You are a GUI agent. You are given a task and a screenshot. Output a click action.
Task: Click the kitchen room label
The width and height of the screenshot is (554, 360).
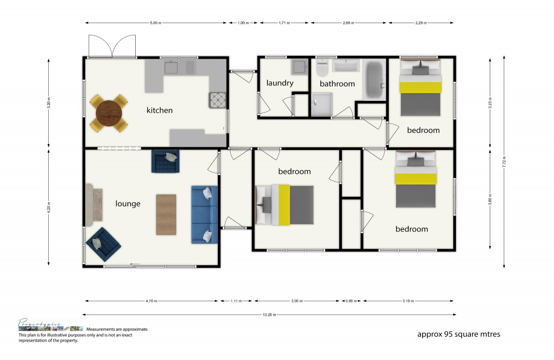click(160, 110)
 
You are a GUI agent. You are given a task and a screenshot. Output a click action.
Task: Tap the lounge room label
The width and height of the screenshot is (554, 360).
click(128, 204)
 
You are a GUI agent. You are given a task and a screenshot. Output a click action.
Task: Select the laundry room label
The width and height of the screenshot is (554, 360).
click(280, 83)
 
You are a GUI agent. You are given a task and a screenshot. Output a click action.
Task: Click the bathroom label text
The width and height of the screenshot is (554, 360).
click(337, 84)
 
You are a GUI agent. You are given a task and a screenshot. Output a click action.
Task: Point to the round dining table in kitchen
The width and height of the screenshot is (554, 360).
click(109, 114)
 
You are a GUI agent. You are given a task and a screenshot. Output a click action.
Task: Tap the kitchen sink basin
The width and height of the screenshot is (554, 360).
click(172, 68)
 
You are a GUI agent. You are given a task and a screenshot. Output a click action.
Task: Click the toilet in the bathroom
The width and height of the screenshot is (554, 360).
click(322, 69)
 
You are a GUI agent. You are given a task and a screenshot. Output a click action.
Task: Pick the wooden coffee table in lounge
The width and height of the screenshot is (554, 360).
click(166, 215)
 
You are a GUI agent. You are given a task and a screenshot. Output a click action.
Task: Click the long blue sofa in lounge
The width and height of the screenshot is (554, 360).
click(204, 214)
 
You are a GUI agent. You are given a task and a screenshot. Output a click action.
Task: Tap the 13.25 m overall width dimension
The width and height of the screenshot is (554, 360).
click(270, 314)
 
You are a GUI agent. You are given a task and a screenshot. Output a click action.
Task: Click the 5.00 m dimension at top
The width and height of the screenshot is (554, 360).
click(156, 23)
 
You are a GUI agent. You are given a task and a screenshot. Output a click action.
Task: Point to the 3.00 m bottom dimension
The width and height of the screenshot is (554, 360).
click(296, 301)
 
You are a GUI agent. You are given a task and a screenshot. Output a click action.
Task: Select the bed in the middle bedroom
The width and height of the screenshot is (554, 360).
click(285, 205)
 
